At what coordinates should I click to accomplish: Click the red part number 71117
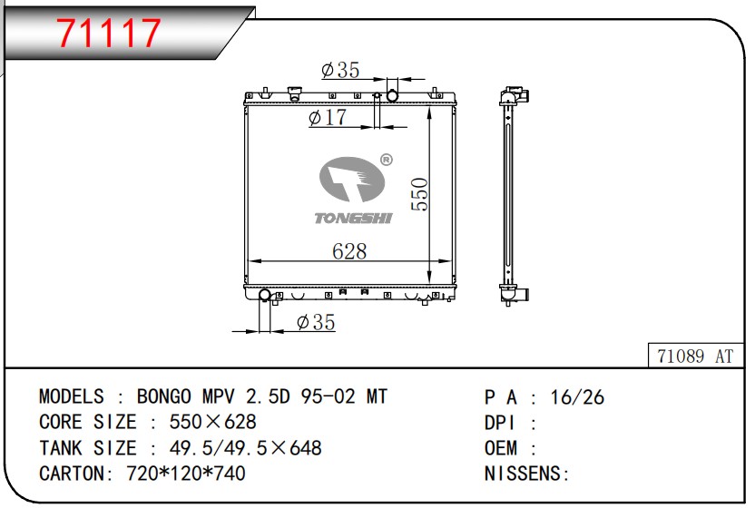pos(109,33)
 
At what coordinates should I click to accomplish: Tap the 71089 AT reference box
pos(695,356)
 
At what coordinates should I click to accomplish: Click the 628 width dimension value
pos(349,250)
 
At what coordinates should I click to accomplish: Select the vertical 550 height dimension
pos(419,194)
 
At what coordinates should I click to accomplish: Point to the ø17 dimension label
pos(328,117)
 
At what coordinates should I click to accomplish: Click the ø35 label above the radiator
pos(340,70)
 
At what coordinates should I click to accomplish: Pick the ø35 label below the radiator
pos(316,322)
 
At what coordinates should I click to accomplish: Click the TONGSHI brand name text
pos(353,218)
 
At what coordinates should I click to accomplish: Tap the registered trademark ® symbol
pos(387,160)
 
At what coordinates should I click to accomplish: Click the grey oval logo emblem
pos(352,179)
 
